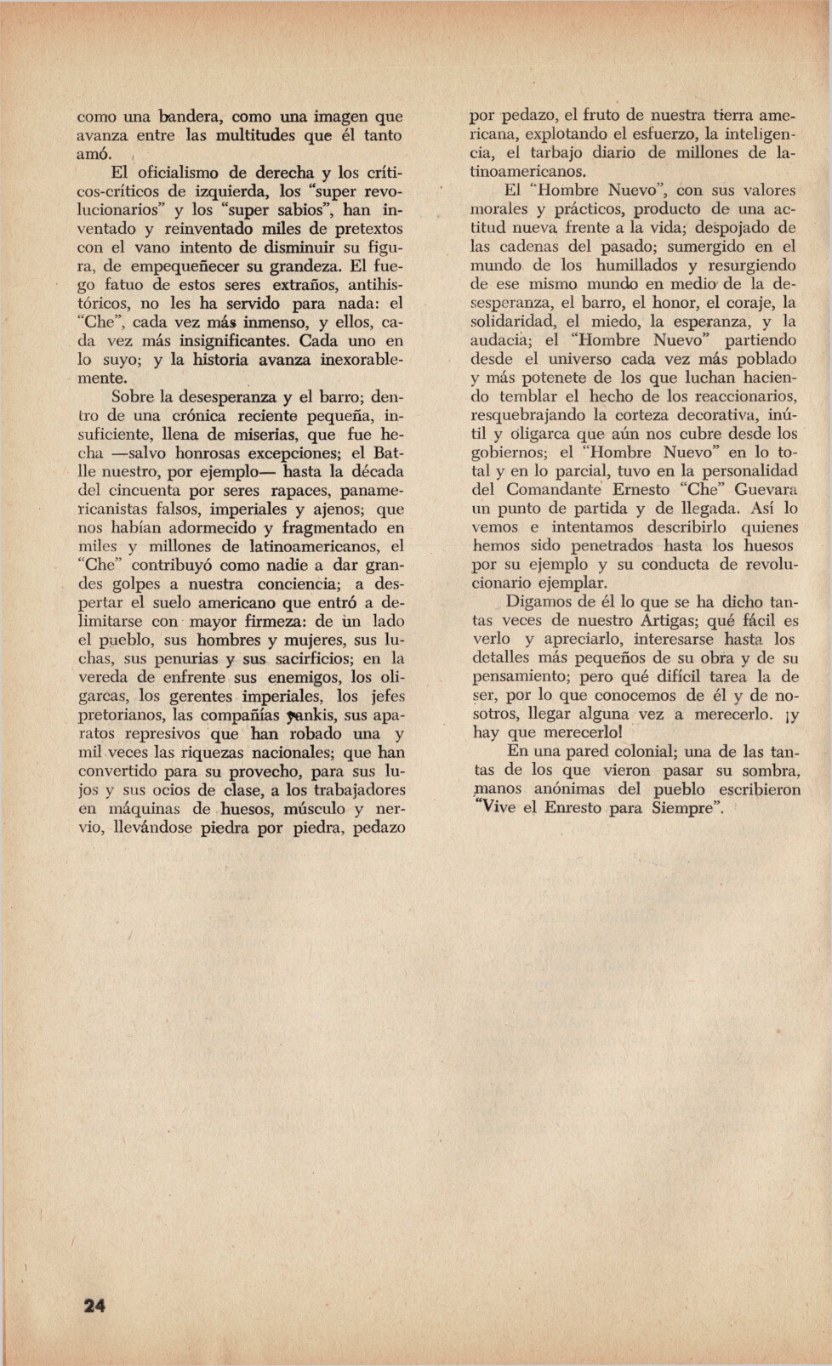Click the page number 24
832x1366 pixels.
point(94,1306)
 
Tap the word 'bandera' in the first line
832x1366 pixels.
point(190,117)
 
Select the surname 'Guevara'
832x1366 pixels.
point(765,489)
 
